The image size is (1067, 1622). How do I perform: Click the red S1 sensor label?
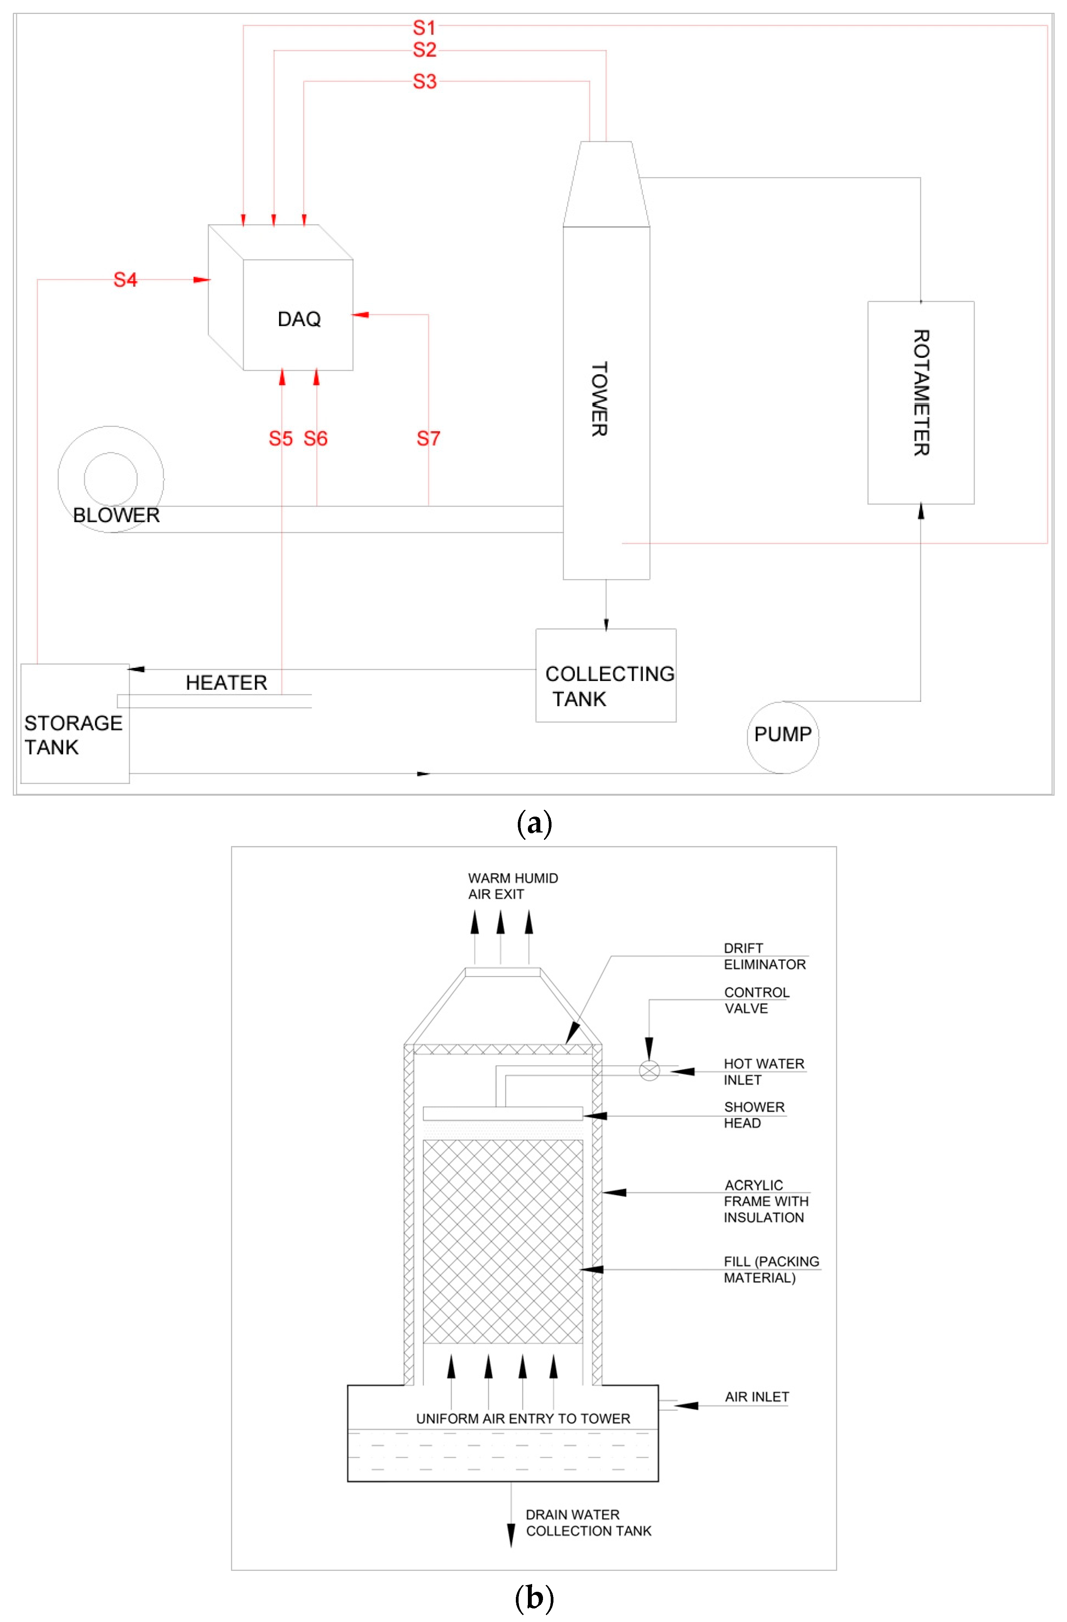(424, 28)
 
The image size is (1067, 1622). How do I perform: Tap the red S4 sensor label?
(126, 279)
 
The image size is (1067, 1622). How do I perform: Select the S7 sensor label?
(428, 438)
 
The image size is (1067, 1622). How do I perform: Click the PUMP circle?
(783, 737)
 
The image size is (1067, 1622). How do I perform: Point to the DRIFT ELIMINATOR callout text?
(764, 956)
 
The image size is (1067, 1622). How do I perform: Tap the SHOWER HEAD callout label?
(754, 1115)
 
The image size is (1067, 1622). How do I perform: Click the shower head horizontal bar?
(502, 1114)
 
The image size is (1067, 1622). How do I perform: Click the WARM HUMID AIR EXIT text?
(513, 886)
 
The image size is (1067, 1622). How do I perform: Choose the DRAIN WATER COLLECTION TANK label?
(588, 1522)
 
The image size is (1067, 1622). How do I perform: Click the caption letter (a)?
(534, 823)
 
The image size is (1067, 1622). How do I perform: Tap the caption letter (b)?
(534, 1597)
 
